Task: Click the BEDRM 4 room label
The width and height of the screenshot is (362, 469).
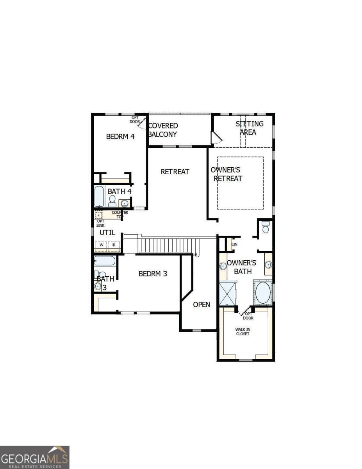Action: (x=120, y=137)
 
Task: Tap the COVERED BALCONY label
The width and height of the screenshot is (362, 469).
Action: (x=163, y=130)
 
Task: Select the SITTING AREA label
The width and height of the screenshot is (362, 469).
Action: (x=249, y=128)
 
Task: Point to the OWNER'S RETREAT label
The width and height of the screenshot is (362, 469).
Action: (x=226, y=174)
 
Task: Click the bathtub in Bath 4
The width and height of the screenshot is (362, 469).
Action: (x=99, y=197)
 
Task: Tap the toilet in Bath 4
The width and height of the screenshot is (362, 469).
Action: (x=112, y=201)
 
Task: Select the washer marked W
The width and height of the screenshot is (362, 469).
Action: (x=102, y=245)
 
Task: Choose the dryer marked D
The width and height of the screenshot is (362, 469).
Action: (x=114, y=245)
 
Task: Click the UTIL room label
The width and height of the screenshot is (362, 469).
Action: (x=107, y=233)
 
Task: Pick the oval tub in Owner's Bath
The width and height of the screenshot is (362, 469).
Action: (x=262, y=292)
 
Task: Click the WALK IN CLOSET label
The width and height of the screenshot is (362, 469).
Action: (x=243, y=332)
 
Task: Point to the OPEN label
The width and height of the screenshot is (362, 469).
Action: (x=202, y=304)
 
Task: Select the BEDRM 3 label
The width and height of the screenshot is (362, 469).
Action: (x=153, y=274)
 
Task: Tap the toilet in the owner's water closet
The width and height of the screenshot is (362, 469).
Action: (x=266, y=227)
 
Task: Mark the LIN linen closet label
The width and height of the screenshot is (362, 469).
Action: (x=234, y=244)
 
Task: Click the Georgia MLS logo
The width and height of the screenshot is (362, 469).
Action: (x=35, y=457)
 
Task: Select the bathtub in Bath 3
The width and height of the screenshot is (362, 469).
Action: (x=104, y=261)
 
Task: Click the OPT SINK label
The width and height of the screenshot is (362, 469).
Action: (x=101, y=223)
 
